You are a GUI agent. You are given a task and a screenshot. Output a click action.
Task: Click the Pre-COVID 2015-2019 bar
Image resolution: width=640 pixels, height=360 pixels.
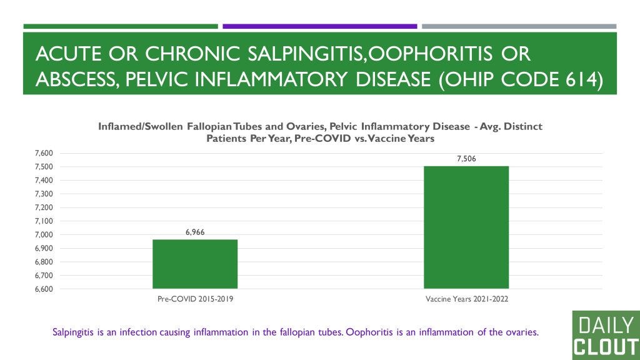195,264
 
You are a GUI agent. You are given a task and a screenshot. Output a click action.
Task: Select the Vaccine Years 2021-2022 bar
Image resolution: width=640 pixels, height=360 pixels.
466,227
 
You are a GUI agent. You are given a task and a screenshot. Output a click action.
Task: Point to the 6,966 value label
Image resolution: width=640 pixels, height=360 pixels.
195,232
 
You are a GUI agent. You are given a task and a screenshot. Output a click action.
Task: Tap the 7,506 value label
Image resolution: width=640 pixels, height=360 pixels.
466,159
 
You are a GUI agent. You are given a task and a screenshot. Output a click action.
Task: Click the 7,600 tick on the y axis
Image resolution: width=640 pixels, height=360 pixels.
44,153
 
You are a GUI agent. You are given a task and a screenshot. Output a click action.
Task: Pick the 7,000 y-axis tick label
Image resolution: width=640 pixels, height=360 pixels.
44,235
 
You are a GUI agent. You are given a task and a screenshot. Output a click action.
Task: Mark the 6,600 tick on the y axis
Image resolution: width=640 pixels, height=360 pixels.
44,289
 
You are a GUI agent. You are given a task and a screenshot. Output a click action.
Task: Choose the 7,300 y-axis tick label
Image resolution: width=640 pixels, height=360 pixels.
44,194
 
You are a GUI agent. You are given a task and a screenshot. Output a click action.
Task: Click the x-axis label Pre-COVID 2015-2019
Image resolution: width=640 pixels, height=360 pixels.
195,299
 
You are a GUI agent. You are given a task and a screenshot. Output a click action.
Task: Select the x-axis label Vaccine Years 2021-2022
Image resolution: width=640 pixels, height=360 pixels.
466,299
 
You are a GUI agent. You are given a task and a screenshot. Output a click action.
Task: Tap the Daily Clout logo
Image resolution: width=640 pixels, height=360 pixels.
606,336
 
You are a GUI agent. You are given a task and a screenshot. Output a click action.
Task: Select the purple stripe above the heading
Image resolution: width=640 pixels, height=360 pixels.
320,26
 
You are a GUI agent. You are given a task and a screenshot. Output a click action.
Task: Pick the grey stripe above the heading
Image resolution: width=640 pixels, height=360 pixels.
519,26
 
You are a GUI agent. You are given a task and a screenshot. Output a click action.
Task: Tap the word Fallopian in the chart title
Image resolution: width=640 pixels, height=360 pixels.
209,126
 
